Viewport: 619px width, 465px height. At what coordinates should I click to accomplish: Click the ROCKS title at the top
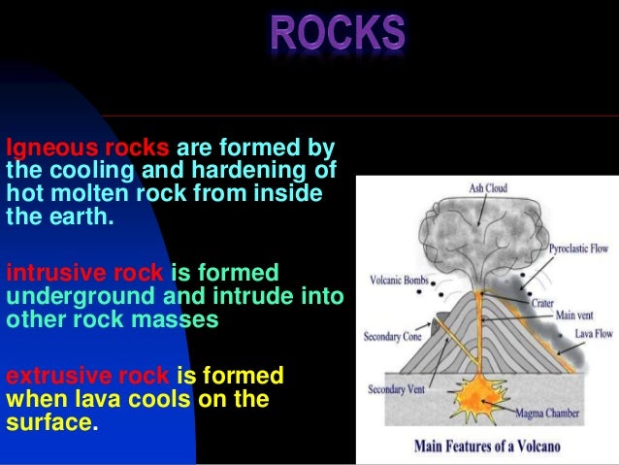(337, 33)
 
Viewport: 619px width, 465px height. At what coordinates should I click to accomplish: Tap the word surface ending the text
(49, 420)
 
